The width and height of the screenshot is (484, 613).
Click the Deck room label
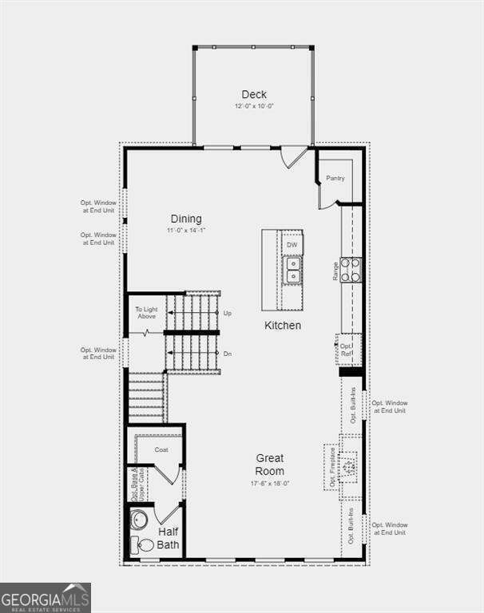click(254, 94)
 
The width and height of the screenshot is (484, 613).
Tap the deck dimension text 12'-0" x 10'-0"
click(254, 106)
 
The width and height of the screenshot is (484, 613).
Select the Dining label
click(186, 219)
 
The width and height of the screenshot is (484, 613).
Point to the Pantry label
click(335, 178)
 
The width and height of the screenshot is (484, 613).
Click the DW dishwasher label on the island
click(292, 244)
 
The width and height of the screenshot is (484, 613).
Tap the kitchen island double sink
click(292, 269)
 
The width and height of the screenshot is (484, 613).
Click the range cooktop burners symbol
click(351, 270)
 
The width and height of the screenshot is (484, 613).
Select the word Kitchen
click(284, 325)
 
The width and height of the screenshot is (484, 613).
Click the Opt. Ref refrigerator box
click(347, 350)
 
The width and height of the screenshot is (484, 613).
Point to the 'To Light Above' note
click(146, 313)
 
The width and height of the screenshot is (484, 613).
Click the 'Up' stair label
click(228, 313)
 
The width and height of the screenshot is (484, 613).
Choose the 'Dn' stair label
click(228, 354)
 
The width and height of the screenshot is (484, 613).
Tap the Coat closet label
click(161, 450)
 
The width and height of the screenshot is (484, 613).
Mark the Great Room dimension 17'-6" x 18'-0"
click(270, 483)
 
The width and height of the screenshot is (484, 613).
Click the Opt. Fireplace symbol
click(348, 465)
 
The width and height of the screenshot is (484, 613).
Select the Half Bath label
click(169, 539)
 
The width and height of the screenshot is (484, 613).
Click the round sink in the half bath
click(139, 520)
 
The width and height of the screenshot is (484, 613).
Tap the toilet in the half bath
click(144, 546)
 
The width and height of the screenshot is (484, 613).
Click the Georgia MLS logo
click(46, 598)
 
